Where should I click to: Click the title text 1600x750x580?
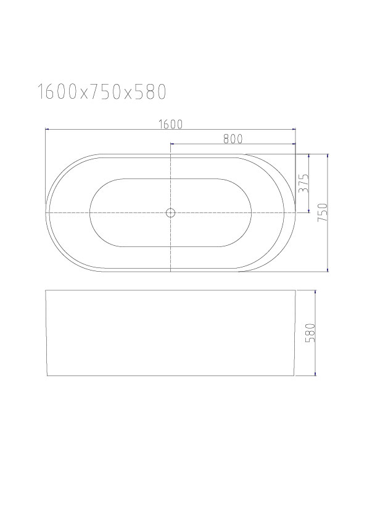pyautogui.click(x=101, y=92)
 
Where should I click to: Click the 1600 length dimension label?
pyautogui.click(x=171, y=124)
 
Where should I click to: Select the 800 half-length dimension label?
pyautogui.click(x=233, y=138)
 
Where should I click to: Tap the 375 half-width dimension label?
pyautogui.click(x=303, y=183)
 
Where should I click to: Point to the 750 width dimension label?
pyautogui.click(x=323, y=212)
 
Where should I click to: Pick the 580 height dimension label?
pyautogui.click(x=310, y=333)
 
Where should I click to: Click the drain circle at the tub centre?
pyautogui.click(x=170, y=212)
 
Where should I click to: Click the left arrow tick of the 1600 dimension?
pyautogui.click(x=46, y=129)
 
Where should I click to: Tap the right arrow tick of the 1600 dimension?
pyautogui.click(x=295, y=129)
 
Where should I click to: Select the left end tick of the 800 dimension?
pyautogui.click(x=171, y=144)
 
